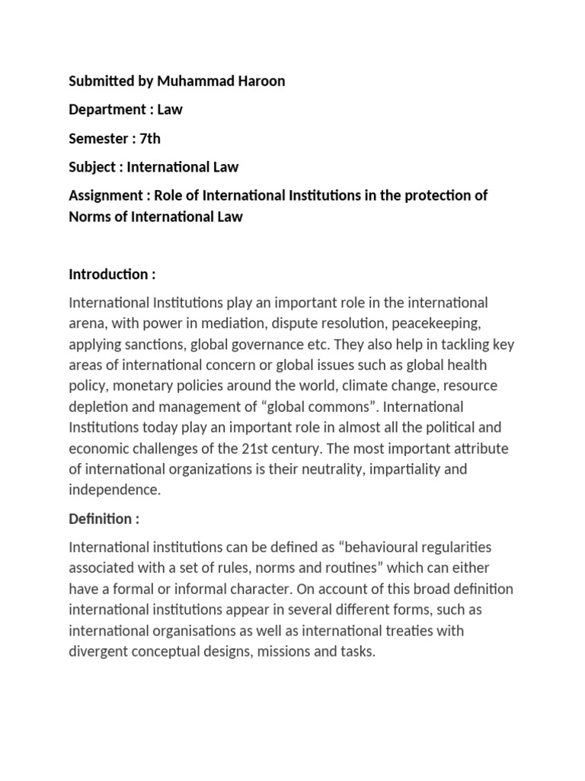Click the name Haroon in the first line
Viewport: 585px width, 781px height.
click(260, 81)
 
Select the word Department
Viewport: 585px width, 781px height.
click(105, 109)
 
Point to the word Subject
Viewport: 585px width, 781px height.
click(93, 166)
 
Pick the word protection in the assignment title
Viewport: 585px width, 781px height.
click(428, 195)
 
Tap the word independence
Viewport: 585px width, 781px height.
click(114, 490)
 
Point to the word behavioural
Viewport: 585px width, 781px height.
click(389, 548)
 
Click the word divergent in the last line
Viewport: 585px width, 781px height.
click(98, 652)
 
